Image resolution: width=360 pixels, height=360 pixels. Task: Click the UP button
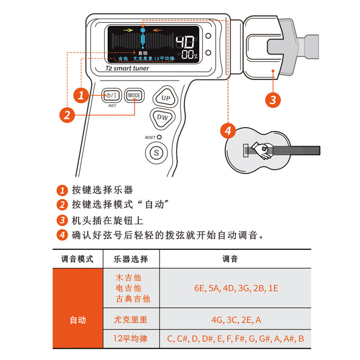[x=166, y=98]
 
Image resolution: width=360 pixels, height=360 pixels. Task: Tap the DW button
[x=162, y=117]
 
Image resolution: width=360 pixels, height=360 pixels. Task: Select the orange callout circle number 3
[x=273, y=99]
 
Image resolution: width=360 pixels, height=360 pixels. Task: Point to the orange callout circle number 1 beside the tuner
[x=81, y=95]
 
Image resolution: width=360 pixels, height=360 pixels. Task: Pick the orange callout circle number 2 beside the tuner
[x=67, y=115]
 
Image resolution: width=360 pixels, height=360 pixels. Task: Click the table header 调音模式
[x=77, y=259]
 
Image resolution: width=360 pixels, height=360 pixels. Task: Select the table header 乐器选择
[x=131, y=259]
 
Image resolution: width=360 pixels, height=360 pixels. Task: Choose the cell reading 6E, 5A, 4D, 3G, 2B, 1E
[x=235, y=288]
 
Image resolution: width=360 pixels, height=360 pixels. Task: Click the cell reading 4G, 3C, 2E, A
[x=235, y=320]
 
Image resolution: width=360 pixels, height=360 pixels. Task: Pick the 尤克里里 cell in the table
[x=131, y=320]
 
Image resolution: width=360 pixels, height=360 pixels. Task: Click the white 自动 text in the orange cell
[x=77, y=320]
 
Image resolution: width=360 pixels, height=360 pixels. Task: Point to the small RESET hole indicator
[x=159, y=137]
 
